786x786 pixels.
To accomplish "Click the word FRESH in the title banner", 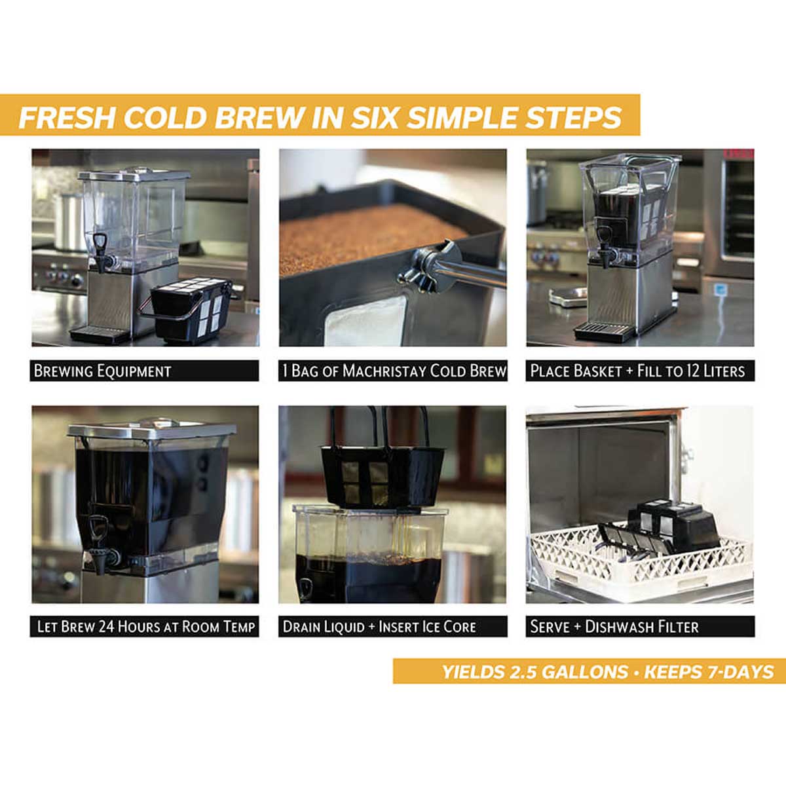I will point(67,118).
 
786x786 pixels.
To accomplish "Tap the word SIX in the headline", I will point(376,118).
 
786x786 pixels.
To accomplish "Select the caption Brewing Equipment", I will point(102,371).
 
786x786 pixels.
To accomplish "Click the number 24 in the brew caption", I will point(107,627).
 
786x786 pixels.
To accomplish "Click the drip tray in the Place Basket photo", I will point(604,330).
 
